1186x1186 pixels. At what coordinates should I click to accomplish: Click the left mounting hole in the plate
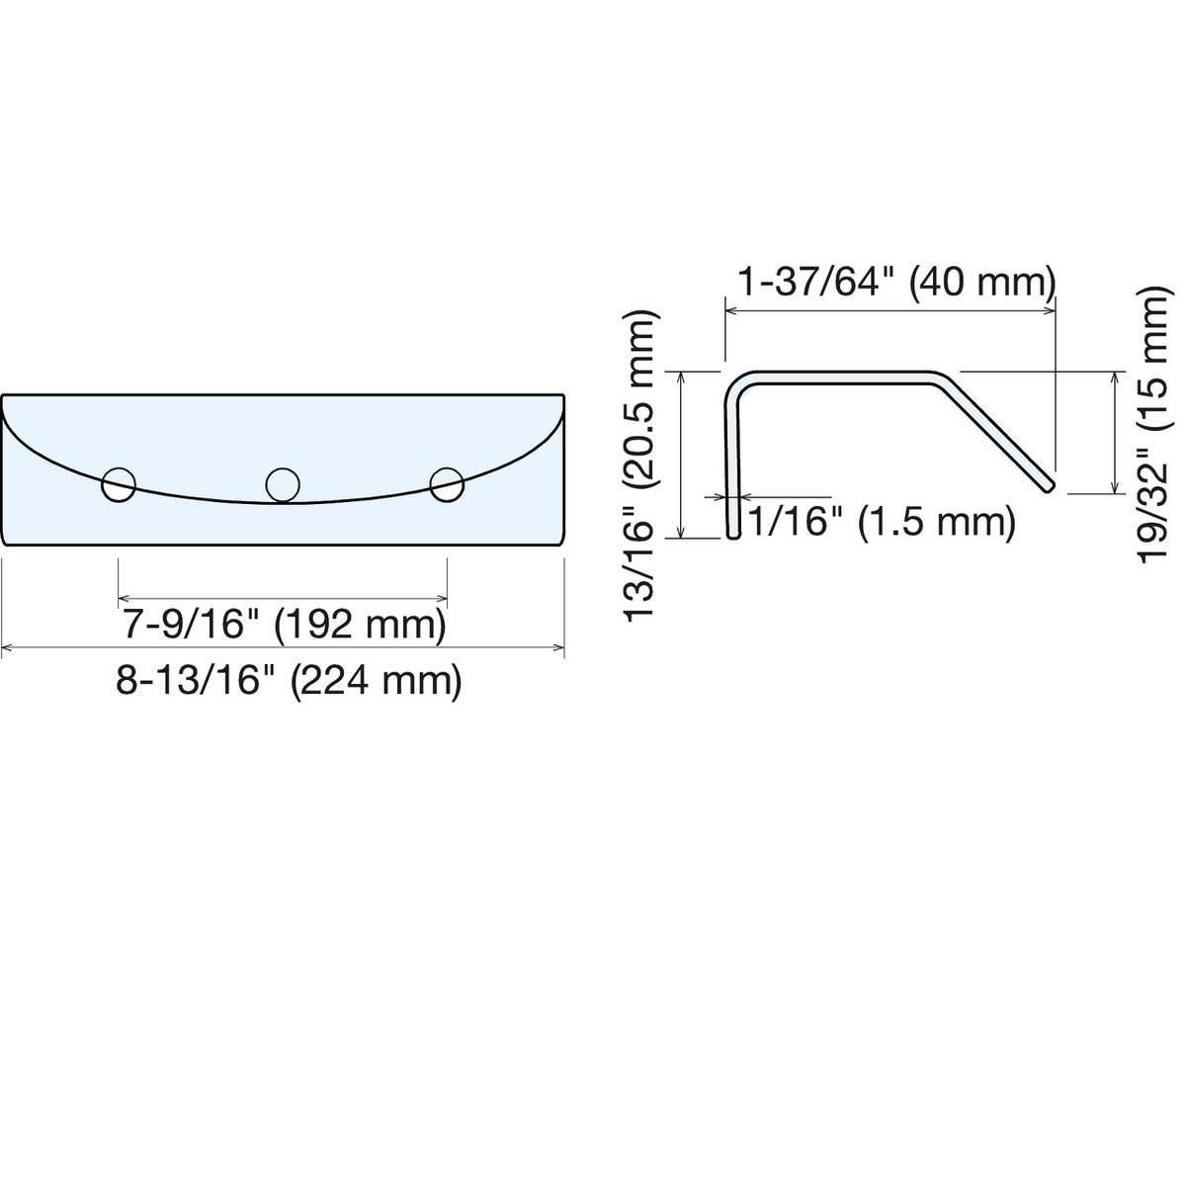tap(119, 484)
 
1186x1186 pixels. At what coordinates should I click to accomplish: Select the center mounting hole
tap(283, 484)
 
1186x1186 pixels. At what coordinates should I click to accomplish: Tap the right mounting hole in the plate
tap(447, 484)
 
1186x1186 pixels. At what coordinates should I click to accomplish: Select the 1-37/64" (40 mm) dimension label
tap(896, 284)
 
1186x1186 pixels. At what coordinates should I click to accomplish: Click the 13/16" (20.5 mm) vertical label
tap(641, 466)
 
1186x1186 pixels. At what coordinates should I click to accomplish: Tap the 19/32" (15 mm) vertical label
tap(1151, 424)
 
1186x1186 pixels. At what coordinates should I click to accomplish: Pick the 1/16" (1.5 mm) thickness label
tap(882, 523)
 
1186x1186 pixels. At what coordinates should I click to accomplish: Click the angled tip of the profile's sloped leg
tap(1049, 487)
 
